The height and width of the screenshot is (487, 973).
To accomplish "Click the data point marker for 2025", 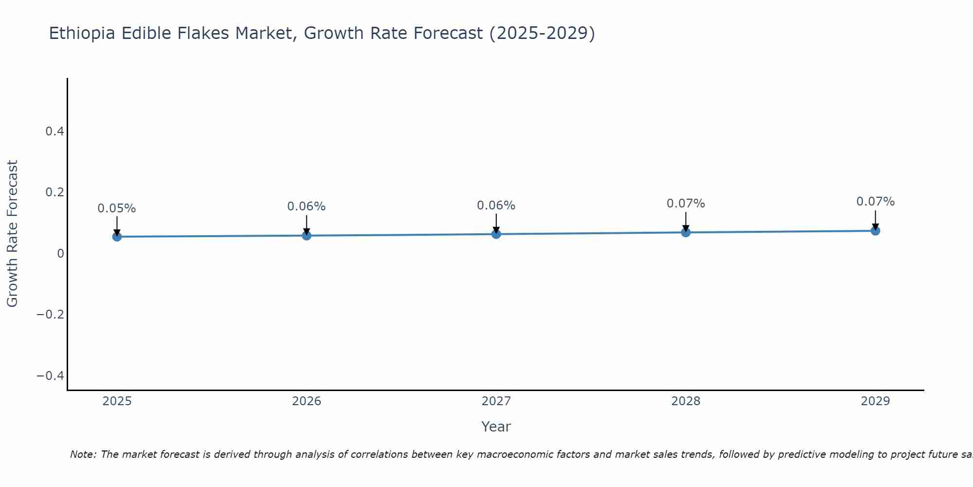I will [117, 237].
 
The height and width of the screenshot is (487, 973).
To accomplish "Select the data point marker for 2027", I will [496, 234].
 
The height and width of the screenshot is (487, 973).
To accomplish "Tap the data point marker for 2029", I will [875, 231].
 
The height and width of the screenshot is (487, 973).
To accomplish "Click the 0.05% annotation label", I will [117, 208].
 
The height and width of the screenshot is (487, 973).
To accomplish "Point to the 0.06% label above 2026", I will [306, 206].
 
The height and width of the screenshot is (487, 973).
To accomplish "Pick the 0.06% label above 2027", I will [496, 206].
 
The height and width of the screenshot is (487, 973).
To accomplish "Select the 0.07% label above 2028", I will [685, 204].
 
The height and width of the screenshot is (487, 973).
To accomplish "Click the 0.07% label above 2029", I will [875, 202].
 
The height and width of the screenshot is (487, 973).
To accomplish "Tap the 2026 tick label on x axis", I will [306, 401].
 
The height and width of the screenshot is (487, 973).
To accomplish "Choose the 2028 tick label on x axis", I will [685, 401].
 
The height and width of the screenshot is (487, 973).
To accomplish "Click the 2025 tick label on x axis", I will [117, 401].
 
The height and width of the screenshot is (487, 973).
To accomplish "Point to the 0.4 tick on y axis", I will [54, 131].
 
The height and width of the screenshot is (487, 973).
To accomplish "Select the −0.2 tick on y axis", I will [50, 315].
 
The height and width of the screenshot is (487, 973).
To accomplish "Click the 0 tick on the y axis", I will [60, 254].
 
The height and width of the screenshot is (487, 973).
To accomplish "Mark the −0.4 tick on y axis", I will [50, 376].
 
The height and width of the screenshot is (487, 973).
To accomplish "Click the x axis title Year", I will [496, 427].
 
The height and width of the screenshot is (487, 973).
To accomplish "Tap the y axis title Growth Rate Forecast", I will [12, 234].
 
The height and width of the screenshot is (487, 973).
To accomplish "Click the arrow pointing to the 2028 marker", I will [685, 222].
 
